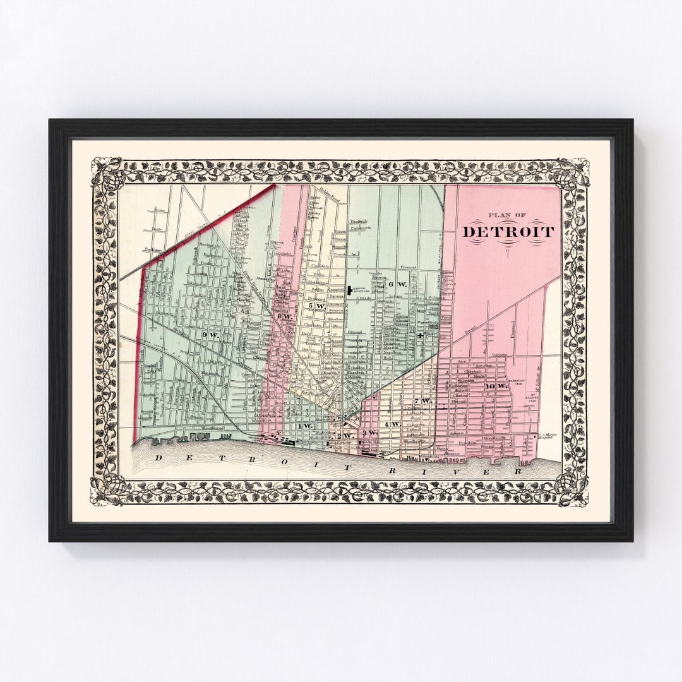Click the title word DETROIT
[508, 232]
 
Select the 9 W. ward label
[210, 335]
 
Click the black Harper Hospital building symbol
[349, 290]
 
